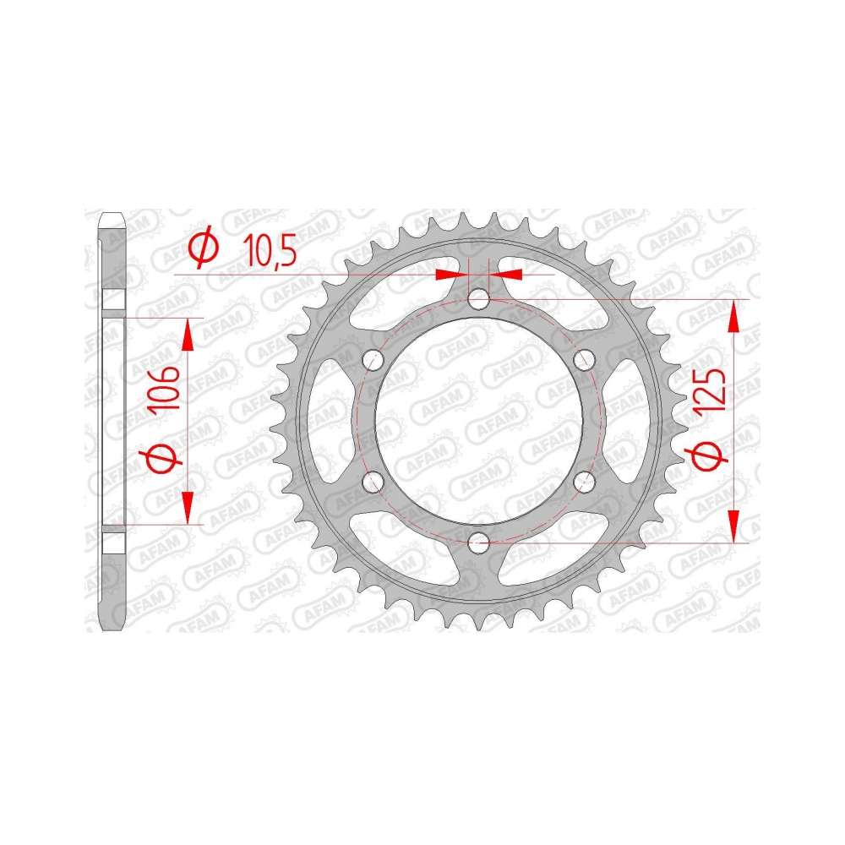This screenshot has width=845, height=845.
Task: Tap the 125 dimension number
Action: coord(711,394)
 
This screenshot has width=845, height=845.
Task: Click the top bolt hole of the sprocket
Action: coord(478,299)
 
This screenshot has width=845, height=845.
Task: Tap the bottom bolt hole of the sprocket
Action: coord(478,542)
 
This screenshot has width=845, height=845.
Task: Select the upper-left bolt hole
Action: coord(373,360)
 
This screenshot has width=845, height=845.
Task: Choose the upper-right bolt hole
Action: coord(584,359)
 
